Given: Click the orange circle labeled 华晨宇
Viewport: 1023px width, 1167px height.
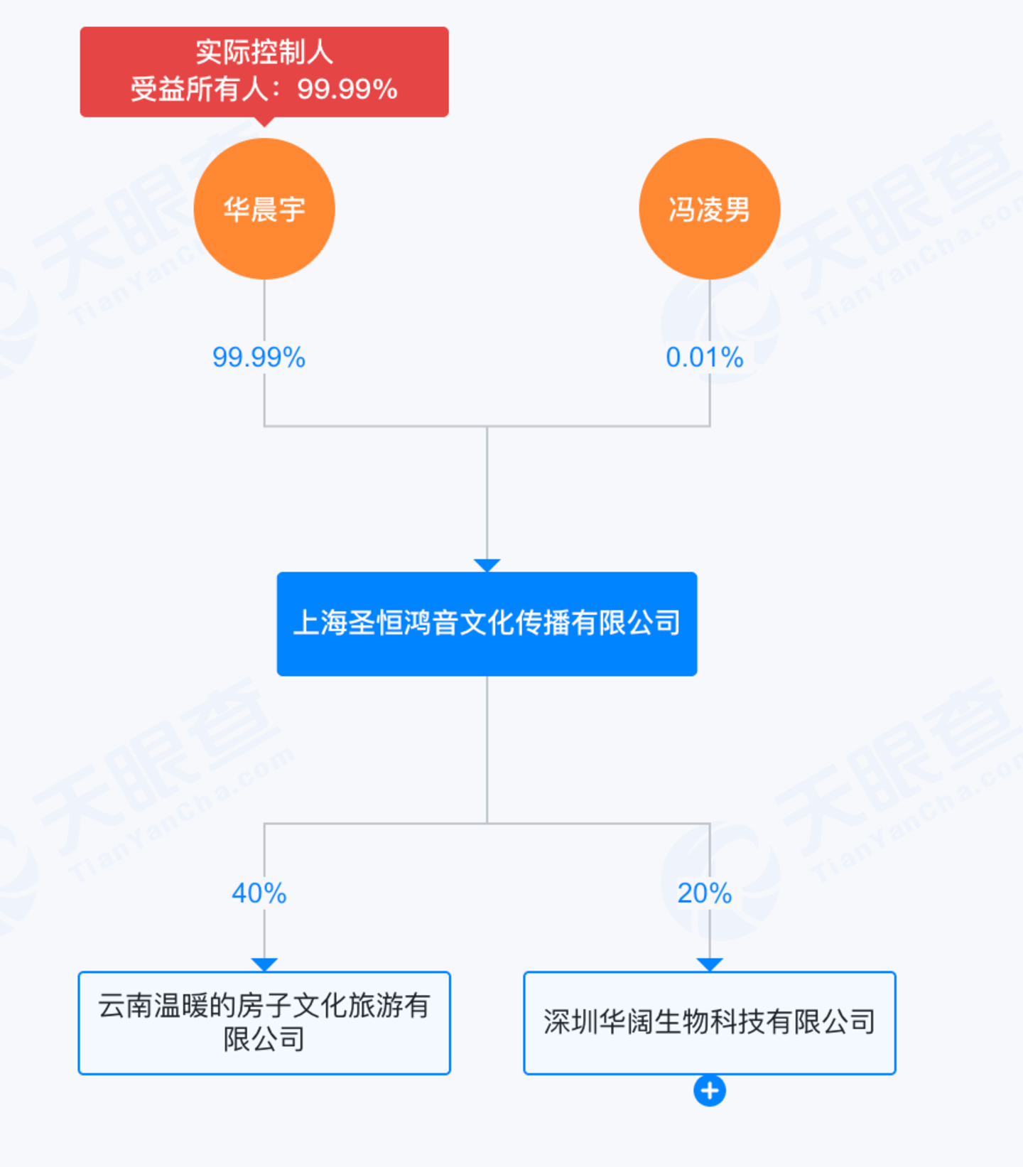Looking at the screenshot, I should pyautogui.click(x=264, y=208).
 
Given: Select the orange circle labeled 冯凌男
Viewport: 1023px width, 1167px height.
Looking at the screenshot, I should pyautogui.click(x=709, y=208).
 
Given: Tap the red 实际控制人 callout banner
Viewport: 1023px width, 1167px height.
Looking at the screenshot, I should pyautogui.click(x=264, y=71).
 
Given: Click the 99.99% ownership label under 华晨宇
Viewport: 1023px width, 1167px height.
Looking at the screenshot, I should pyautogui.click(x=259, y=357).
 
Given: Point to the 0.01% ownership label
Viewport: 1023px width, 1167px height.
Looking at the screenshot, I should pyautogui.click(x=704, y=357).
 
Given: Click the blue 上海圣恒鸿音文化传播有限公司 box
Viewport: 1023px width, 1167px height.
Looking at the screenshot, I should pyautogui.click(x=487, y=623).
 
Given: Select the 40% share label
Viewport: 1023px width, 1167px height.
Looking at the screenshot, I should pyautogui.click(x=259, y=893).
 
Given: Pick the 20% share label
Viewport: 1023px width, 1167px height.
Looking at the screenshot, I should pyautogui.click(x=704, y=893).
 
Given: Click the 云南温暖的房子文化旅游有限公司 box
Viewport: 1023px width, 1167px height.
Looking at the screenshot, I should pyautogui.click(x=264, y=1023).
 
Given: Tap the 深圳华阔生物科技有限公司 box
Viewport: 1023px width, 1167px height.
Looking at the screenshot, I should pyautogui.click(x=709, y=1023).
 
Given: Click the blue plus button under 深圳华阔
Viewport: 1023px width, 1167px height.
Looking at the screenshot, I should pyautogui.click(x=709, y=1090).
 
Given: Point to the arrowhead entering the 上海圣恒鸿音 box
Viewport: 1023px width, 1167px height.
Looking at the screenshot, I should pyautogui.click(x=487, y=566).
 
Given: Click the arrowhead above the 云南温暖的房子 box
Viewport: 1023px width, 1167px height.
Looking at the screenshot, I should pyautogui.click(x=264, y=964).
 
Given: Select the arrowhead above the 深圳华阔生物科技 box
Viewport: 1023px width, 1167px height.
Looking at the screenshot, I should pyautogui.click(x=709, y=964).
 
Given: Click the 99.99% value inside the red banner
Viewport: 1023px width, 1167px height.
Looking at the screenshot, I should pyautogui.click(x=347, y=90).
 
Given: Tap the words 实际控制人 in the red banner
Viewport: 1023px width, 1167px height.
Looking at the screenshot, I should pyautogui.click(x=264, y=52).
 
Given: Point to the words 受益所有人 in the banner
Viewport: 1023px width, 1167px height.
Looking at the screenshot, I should pyautogui.click(x=200, y=90).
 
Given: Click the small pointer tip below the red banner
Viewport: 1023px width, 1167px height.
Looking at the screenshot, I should pyautogui.click(x=264, y=122).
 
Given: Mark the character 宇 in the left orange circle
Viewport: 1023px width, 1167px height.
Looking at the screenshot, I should pyautogui.click(x=292, y=210).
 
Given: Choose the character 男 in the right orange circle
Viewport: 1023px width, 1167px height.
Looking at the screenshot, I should pyautogui.click(x=737, y=210).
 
